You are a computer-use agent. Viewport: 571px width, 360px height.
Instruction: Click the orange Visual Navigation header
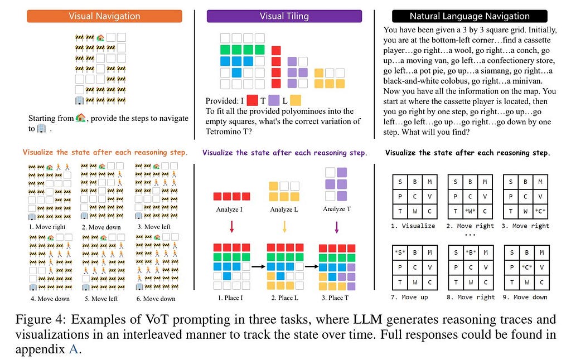(x=104, y=16)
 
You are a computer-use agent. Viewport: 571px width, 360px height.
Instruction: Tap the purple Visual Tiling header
(x=284, y=16)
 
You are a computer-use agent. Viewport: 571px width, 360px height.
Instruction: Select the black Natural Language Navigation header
(x=470, y=16)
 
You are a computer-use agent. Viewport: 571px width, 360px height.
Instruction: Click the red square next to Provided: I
(x=253, y=100)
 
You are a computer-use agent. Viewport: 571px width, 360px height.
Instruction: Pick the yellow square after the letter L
(x=296, y=100)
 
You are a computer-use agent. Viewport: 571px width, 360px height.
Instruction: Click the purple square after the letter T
(x=274, y=100)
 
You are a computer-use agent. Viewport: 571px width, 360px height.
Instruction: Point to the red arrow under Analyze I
(x=231, y=226)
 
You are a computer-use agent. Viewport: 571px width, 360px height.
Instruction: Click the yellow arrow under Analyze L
(x=284, y=226)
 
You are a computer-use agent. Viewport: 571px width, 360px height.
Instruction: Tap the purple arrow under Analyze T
(x=336, y=226)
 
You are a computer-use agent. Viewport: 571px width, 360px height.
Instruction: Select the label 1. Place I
(x=230, y=298)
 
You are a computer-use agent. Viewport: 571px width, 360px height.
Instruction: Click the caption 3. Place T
(x=335, y=298)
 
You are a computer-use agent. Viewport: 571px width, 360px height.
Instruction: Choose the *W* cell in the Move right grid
(x=470, y=211)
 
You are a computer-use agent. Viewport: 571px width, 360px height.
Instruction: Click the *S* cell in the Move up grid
(x=400, y=252)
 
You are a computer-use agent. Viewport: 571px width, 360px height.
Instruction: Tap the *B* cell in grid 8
(x=471, y=252)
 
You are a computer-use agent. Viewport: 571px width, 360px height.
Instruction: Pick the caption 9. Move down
(x=525, y=298)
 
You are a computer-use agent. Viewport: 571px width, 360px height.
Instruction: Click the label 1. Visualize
(x=413, y=226)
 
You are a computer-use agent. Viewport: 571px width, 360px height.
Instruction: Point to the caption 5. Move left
(x=101, y=299)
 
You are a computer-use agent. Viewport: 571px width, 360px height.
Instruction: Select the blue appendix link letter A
(x=74, y=349)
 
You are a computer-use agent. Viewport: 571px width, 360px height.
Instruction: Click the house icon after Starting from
(x=81, y=118)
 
